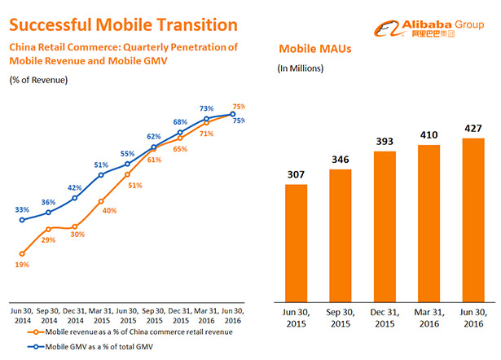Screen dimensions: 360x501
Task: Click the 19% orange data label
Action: [x=22, y=265]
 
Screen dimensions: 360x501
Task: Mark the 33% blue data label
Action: [x=21, y=209]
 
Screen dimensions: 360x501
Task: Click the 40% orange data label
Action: [x=109, y=211]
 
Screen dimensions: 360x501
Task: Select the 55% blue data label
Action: [x=127, y=153]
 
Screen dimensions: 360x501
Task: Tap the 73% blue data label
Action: [x=207, y=108]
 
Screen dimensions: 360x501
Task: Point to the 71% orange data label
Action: [x=206, y=134]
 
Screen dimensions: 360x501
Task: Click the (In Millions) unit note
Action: [x=301, y=68]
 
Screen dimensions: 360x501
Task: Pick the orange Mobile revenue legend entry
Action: [x=130, y=332]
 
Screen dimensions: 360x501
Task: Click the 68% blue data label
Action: [x=180, y=122]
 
